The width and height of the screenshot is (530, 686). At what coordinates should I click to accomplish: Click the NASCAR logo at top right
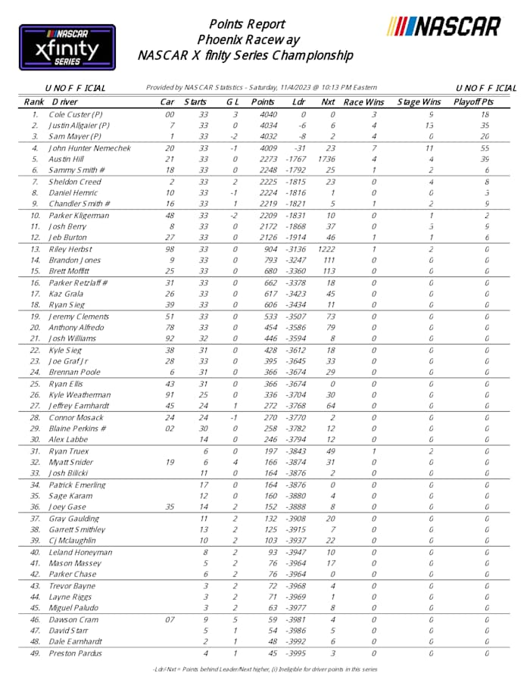[444, 27]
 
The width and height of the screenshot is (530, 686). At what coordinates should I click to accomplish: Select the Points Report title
[247, 24]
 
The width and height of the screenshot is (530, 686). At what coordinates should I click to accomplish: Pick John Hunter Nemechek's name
[90, 148]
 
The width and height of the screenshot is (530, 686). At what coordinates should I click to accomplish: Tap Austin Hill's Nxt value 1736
[327, 160]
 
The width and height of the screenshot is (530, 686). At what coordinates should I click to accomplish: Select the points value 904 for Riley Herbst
[266, 249]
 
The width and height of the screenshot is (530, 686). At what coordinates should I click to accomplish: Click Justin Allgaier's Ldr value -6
[300, 126]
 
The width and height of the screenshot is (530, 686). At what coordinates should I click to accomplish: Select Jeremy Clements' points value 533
[266, 316]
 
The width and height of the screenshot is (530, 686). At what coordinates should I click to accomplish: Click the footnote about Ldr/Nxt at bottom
[264, 669]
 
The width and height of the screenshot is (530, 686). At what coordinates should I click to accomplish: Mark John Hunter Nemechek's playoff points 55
[485, 148]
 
